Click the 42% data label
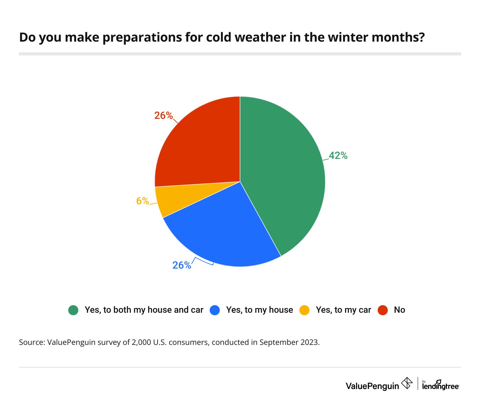click(x=338, y=155)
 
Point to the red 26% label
click(x=164, y=116)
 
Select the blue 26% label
click(x=182, y=265)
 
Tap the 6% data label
click(x=142, y=201)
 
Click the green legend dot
click(x=73, y=310)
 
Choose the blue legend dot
click(x=215, y=310)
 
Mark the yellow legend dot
click(x=304, y=310)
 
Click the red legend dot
click(x=383, y=310)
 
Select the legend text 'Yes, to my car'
click(x=343, y=310)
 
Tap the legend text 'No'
click(x=399, y=310)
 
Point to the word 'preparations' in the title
click(x=142, y=38)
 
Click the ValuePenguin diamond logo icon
click(x=407, y=383)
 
